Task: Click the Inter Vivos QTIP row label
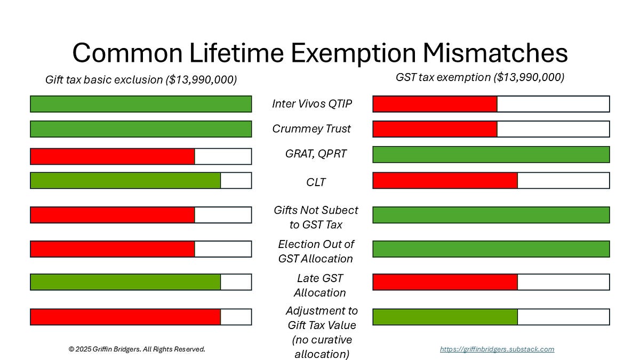coord(312,103)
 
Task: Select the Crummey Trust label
coord(311,129)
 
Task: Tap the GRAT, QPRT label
coord(315,154)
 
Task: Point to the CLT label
coord(316,182)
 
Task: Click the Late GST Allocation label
coord(320,285)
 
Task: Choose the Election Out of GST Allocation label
coord(316,251)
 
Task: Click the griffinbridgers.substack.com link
coord(497,349)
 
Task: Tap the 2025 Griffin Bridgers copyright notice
coord(137,349)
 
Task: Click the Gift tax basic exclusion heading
coord(141,80)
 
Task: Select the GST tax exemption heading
coord(479,77)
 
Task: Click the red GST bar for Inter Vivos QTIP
coord(435,104)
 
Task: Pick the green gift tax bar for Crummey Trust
coord(141,129)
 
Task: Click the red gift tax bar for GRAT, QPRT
coord(113,156)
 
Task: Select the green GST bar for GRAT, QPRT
coord(491,155)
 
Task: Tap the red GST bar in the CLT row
coord(445,180)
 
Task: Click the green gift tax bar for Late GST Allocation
coord(125,282)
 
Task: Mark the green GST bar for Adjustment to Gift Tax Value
coord(445,317)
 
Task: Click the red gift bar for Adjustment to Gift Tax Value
coord(125,317)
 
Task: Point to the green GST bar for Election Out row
coord(491,249)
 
